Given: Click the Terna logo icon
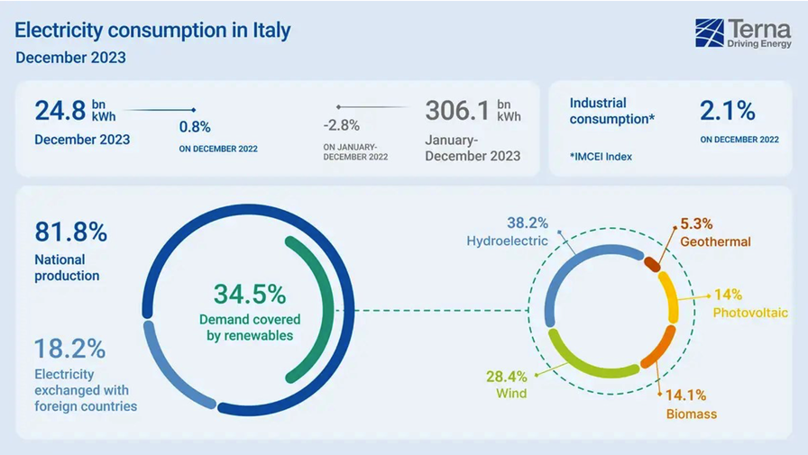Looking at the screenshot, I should (x=710, y=33).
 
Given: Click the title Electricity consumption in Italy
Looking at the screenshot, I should (x=153, y=31).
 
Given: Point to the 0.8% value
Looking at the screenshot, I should (x=195, y=127).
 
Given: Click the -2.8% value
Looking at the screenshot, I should (x=342, y=125).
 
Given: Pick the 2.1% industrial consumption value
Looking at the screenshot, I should (x=728, y=111).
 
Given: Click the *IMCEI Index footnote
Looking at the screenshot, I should (x=601, y=157).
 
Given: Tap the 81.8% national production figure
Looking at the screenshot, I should (x=71, y=232).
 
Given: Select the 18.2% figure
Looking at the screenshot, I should (x=70, y=348).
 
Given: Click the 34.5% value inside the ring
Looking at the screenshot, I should (x=250, y=294).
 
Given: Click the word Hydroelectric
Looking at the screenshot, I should (x=507, y=241).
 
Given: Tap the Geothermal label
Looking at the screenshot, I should (x=715, y=241).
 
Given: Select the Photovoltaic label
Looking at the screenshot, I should (x=750, y=313).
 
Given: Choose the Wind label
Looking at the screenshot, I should (x=510, y=393).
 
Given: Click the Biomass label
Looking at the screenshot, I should (x=691, y=414).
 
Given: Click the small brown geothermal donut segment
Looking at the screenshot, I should (x=652, y=262).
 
